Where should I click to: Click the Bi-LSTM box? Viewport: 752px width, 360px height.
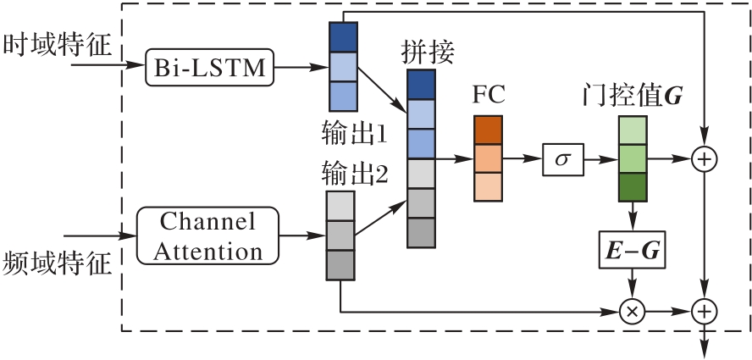click(211, 66)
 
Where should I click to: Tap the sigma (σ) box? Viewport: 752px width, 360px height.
click(563, 158)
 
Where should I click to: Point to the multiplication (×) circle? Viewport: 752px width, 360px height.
click(631, 311)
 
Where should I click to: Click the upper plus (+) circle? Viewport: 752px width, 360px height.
click(704, 158)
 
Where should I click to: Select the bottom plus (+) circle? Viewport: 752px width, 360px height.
click(704, 311)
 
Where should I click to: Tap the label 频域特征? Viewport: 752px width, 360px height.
click(58, 263)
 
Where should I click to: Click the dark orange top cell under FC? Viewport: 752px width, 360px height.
click(488, 130)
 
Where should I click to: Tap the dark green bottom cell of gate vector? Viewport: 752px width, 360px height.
click(632, 186)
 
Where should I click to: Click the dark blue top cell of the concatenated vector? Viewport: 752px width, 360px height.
click(421, 85)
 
